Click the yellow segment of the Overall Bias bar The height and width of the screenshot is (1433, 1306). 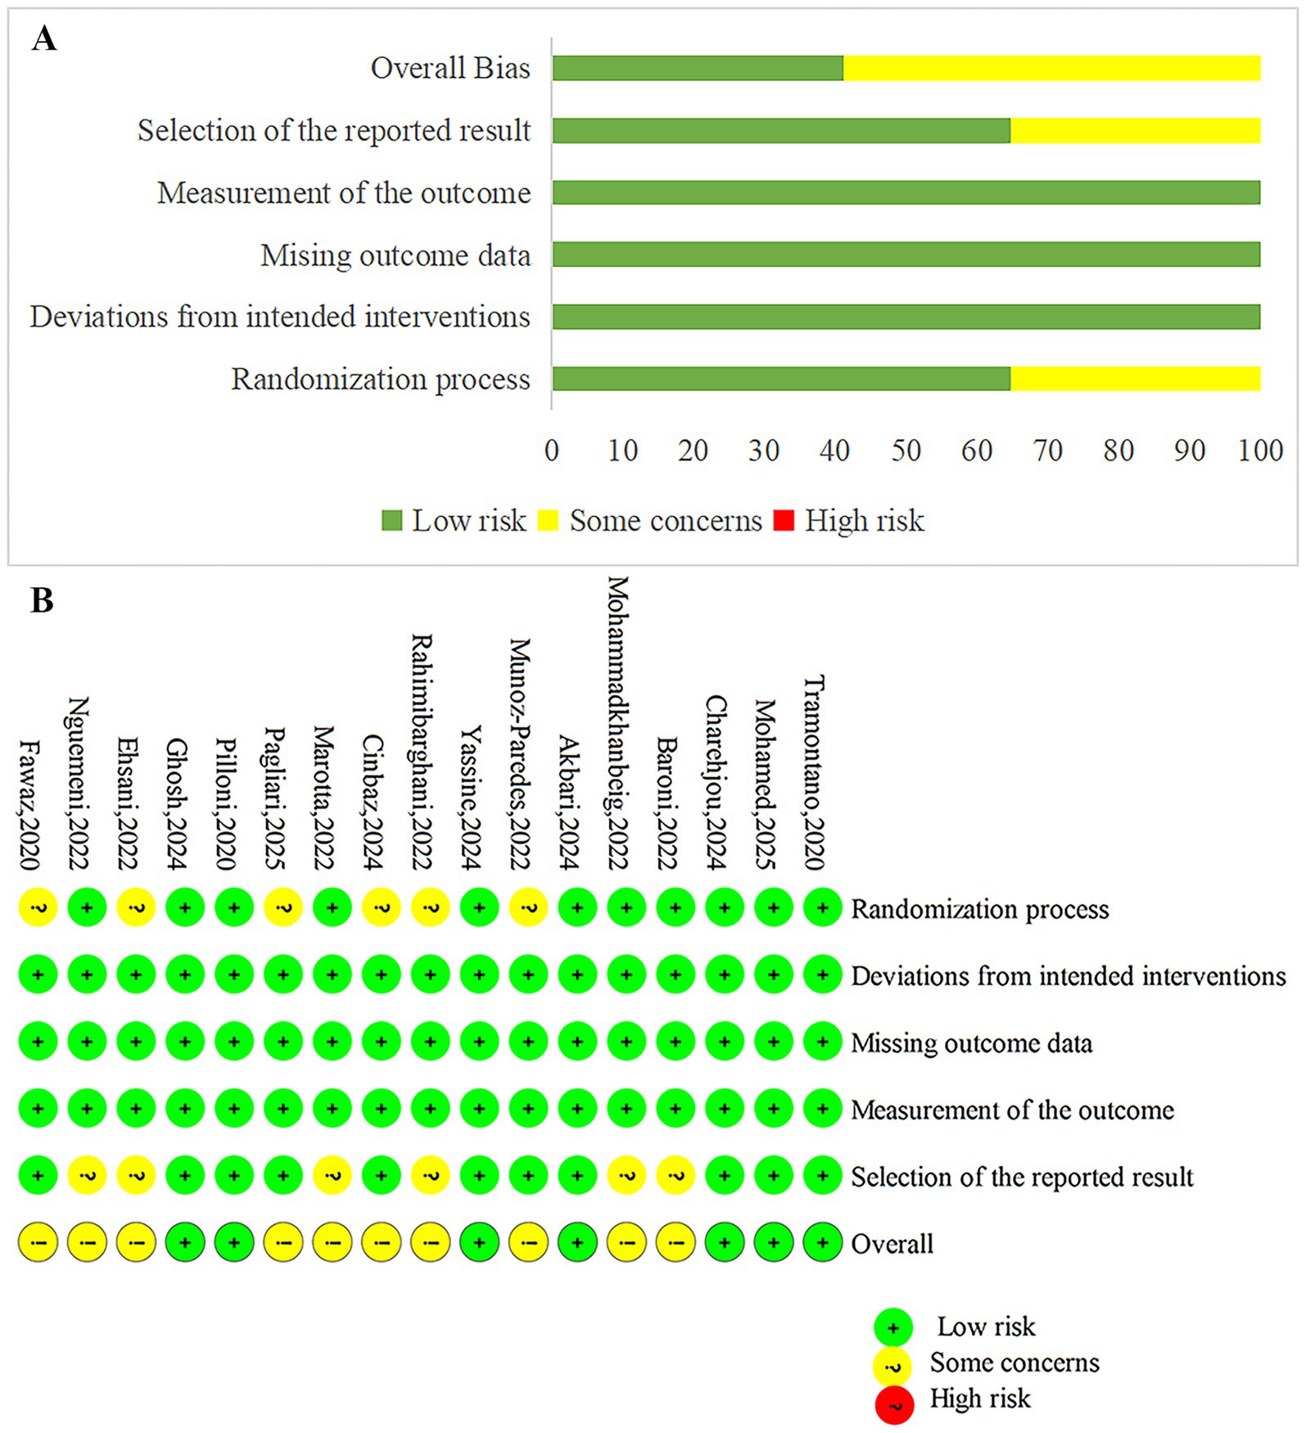coord(1051,68)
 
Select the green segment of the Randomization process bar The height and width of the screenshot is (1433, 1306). coord(781,378)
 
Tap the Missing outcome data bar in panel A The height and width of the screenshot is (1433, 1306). coord(906,255)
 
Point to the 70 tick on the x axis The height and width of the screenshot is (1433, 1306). coord(1047,450)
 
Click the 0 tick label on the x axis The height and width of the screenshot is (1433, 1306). coord(552,450)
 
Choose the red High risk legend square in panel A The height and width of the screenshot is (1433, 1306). coord(784,521)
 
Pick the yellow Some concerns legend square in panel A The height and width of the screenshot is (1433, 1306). coord(548,521)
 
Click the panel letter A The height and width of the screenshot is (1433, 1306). coord(44,38)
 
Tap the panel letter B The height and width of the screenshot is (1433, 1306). coord(42,600)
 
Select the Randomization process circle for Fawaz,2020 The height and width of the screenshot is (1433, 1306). coord(38,907)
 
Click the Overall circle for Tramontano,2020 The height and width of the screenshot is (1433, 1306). coord(823,1243)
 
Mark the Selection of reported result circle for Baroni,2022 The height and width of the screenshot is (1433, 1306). coord(676,1176)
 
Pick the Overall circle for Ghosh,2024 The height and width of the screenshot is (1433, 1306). coord(185,1243)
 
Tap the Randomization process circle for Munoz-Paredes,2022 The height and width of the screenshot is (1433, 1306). coord(528,907)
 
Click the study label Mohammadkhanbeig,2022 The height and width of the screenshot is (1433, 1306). coord(618,722)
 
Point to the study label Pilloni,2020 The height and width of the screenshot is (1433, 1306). coord(226,803)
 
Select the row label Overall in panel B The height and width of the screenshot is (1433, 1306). coord(892,1244)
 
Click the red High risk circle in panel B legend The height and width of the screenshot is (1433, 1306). coord(893,1405)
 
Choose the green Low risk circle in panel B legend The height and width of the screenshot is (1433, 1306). coord(893,1327)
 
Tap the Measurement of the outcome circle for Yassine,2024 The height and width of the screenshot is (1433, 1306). coord(479,1109)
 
